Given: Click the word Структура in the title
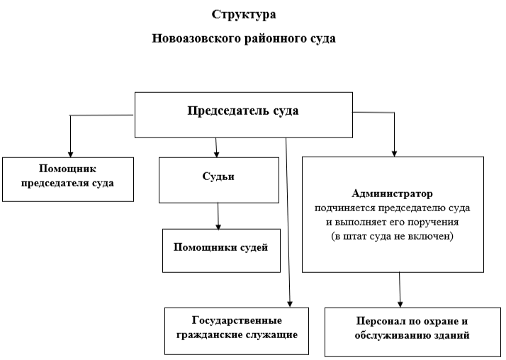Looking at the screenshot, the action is tap(244, 15).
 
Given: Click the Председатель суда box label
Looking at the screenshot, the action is tap(243, 111).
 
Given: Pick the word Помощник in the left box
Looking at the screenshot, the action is tap(67, 169).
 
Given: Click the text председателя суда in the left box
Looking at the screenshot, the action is tap(67, 183).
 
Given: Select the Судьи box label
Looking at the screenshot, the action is tap(218, 176).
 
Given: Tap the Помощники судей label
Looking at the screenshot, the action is tap(220, 247).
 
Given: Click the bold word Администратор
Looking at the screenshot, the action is tap(392, 193).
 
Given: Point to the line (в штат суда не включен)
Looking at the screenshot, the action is tap(392, 237).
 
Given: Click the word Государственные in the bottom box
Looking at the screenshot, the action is tap(237, 320).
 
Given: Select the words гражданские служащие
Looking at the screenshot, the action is tap(237, 334).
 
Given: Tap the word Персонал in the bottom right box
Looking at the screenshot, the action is tap(378, 321).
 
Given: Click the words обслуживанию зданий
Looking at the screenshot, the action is tap(412, 335).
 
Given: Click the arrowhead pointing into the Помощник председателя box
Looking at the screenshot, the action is tap(70, 154).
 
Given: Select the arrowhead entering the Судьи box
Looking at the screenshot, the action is tap(217, 154).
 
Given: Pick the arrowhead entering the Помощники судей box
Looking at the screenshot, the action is tap(218, 227).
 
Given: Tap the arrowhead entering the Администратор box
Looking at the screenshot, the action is tap(394, 154).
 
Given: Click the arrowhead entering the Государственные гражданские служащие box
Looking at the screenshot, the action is tap(290, 304).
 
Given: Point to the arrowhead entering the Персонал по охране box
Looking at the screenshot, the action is tap(400, 304).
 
